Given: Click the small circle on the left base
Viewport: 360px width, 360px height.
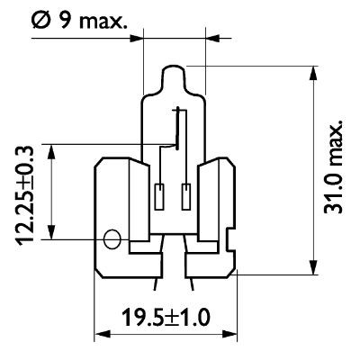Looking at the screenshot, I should pos(112,239).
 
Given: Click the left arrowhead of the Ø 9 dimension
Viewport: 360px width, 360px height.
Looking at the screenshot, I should pos(139,38).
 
